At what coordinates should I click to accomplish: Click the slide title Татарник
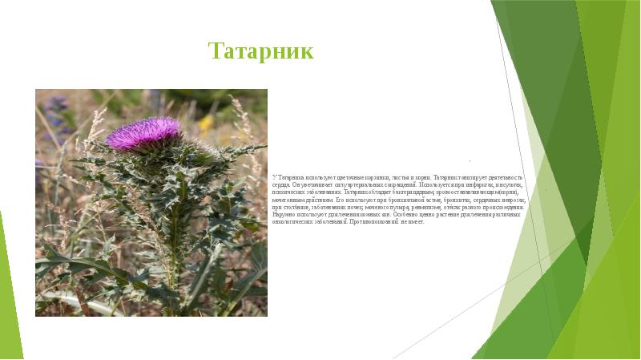pos(260,52)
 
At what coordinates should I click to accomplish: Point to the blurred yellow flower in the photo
pos(206,123)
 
